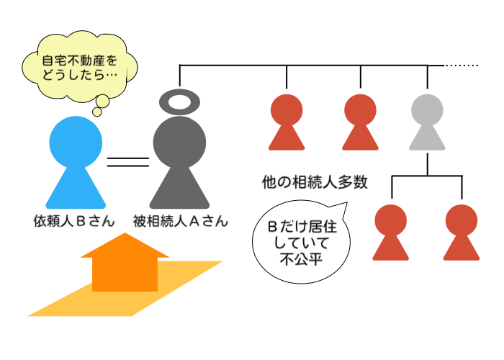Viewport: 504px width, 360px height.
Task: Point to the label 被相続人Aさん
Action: tap(180, 220)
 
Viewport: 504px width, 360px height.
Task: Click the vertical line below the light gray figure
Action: tap(428, 163)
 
